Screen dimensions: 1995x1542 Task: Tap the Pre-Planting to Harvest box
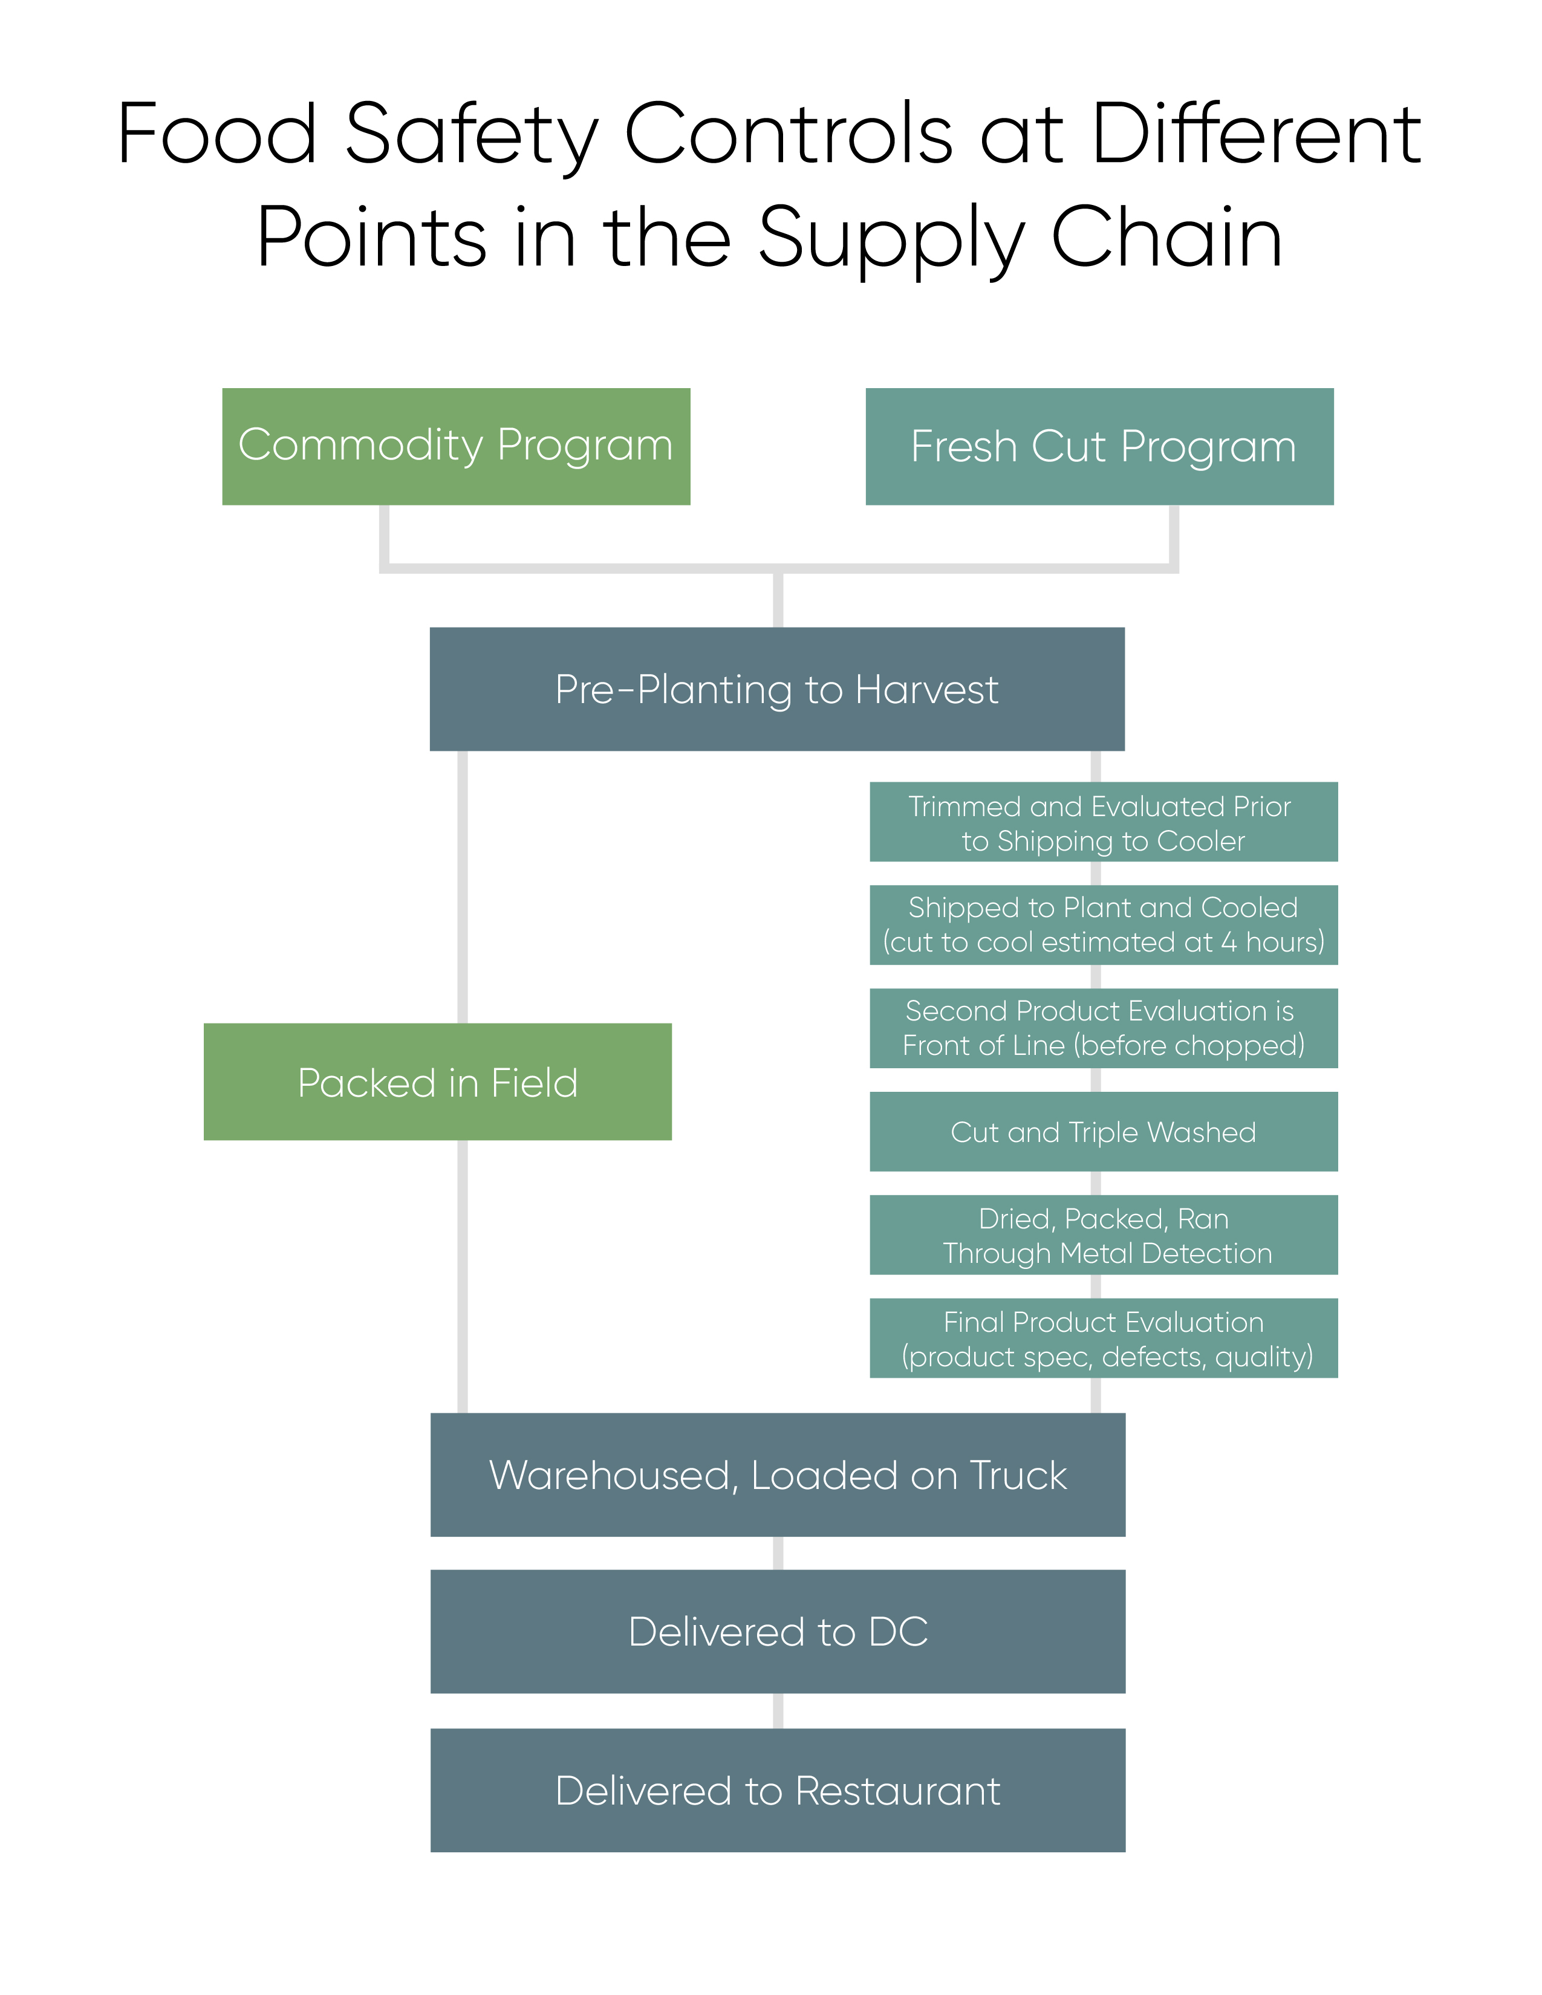coord(776,689)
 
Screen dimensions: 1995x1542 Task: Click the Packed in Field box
coord(438,1082)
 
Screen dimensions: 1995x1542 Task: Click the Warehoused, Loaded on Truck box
coord(778,1474)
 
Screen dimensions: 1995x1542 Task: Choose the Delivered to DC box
coord(778,1632)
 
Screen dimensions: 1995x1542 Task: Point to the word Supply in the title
coord(891,239)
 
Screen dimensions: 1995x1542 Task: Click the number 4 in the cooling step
coord(1229,942)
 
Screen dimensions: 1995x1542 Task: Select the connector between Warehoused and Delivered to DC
coord(778,1553)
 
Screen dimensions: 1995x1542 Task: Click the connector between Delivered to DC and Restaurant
coord(778,1710)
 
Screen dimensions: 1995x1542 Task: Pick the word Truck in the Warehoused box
coord(1018,1475)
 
